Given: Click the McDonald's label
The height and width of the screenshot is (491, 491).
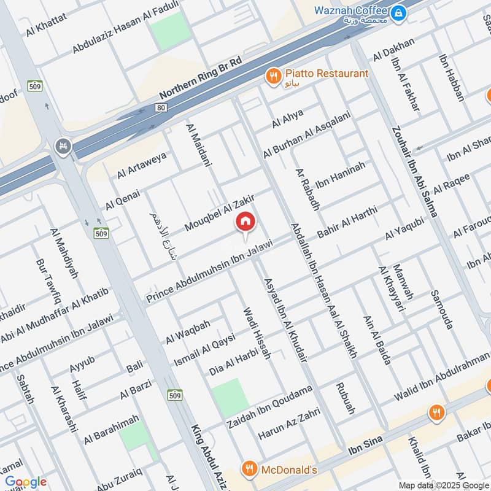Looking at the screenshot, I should coord(288,470).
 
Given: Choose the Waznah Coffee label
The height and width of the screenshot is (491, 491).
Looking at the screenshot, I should coord(350,10).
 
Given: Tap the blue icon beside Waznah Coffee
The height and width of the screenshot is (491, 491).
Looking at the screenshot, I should coord(399,12).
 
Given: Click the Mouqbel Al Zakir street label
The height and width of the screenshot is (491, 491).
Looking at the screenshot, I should coord(218,212).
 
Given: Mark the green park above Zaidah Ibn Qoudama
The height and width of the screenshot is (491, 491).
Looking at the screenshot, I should coord(226,396).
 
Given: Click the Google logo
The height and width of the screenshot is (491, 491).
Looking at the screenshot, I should coord(26,482).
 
